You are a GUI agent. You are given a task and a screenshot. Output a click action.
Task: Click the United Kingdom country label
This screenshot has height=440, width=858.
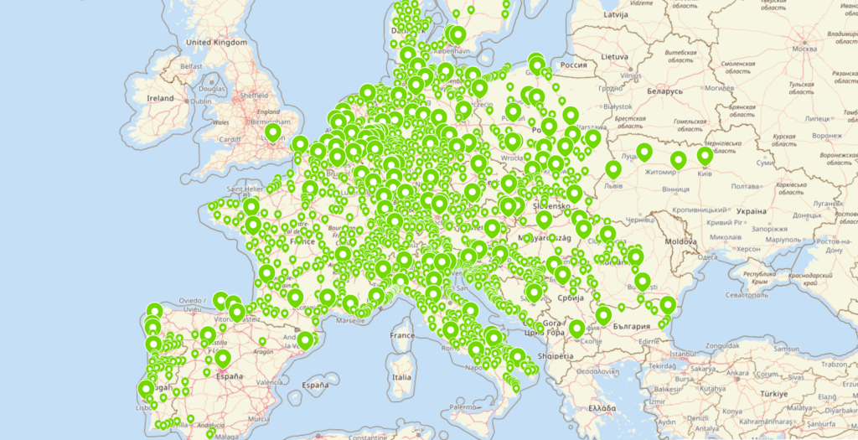click(x=216, y=42)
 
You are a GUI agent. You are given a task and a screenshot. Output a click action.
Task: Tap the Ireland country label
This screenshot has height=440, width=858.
click(x=160, y=98)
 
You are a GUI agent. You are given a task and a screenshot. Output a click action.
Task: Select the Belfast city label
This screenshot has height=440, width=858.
click(x=192, y=65)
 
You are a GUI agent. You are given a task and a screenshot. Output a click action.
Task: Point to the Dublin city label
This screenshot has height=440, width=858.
click(x=200, y=101)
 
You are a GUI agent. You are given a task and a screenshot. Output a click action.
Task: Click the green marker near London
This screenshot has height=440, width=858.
click(x=272, y=132)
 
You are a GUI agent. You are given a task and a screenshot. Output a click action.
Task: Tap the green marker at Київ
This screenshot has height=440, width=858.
click(x=705, y=154)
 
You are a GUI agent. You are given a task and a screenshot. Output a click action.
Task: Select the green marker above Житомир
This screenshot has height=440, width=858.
click(x=678, y=158)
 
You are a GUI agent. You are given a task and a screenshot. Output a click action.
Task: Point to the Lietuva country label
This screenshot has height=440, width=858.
click(x=614, y=56)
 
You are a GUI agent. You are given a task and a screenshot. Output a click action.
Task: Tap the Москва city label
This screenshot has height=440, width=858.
click(x=804, y=48)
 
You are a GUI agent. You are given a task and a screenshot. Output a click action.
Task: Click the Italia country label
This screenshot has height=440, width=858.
click(x=402, y=377)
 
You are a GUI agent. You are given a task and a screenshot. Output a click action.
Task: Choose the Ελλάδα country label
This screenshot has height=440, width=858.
click(x=601, y=407)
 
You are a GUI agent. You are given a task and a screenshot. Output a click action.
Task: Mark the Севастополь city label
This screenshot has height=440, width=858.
click(x=748, y=296)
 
